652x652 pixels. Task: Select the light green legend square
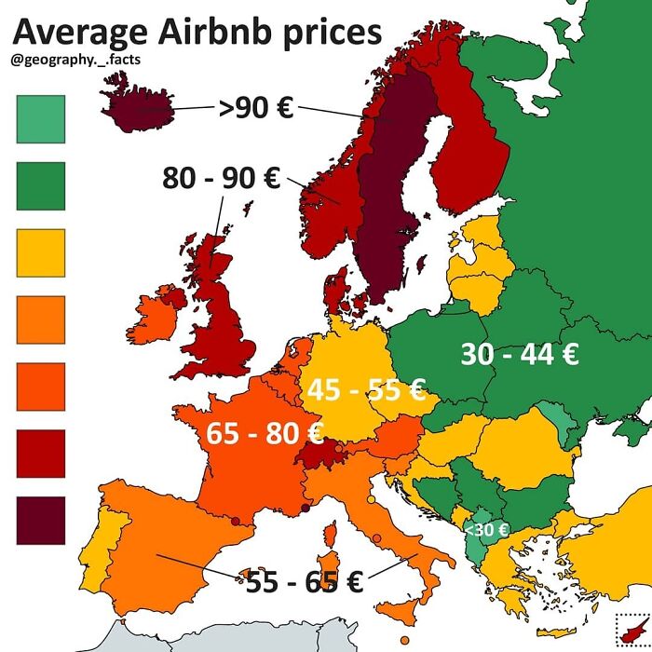point(41,118)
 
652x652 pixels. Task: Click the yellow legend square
point(41,252)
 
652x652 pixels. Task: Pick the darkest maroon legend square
point(41,520)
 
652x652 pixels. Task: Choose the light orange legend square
point(41,319)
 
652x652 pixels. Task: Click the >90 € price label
point(255,109)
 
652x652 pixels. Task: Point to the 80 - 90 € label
point(222,177)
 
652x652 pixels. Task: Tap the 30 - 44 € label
point(520,354)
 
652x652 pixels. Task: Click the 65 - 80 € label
point(265,432)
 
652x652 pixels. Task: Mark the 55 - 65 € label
point(304,583)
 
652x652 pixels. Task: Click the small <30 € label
point(486,530)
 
